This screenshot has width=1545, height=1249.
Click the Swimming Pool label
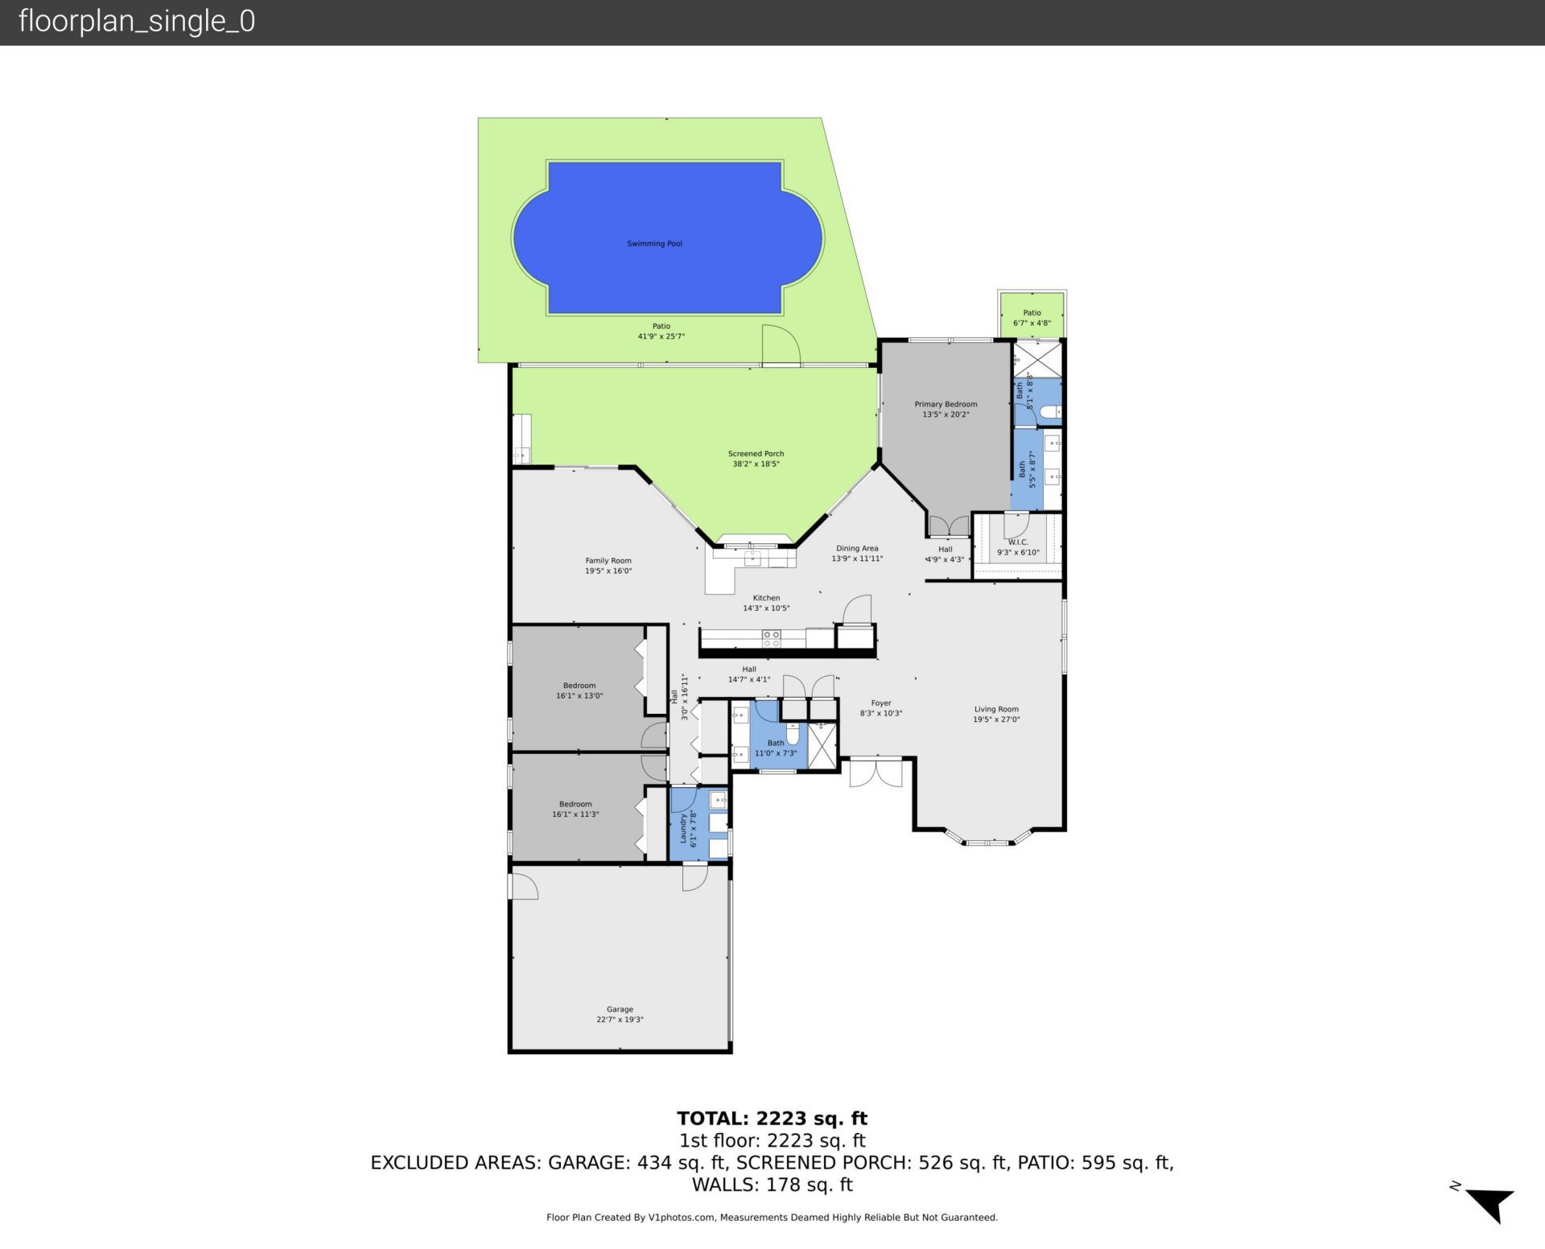(x=654, y=244)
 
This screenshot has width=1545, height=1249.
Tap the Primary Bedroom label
(x=946, y=405)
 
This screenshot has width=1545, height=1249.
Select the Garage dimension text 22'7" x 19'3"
(x=620, y=1020)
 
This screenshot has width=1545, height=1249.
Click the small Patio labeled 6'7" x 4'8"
(x=1032, y=318)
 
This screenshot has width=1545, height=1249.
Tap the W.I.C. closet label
(x=1018, y=542)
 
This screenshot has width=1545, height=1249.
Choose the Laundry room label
(x=683, y=828)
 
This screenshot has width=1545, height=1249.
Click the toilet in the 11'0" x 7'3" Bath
(x=793, y=735)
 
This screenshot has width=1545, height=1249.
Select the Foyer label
(x=880, y=703)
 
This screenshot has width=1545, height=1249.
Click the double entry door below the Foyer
(x=876, y=773)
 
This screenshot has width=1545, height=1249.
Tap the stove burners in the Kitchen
(x=771, y=639)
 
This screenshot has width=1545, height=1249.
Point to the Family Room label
(x=608, y=561)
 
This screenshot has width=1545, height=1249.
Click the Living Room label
(x=996, y=710)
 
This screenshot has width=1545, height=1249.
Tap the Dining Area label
(x=857, y=549)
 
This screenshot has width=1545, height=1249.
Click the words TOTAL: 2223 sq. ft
(x=772, y=1118)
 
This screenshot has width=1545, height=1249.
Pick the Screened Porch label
(x=756, y=454)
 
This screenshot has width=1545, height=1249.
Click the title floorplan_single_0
(x=137, y=21)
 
